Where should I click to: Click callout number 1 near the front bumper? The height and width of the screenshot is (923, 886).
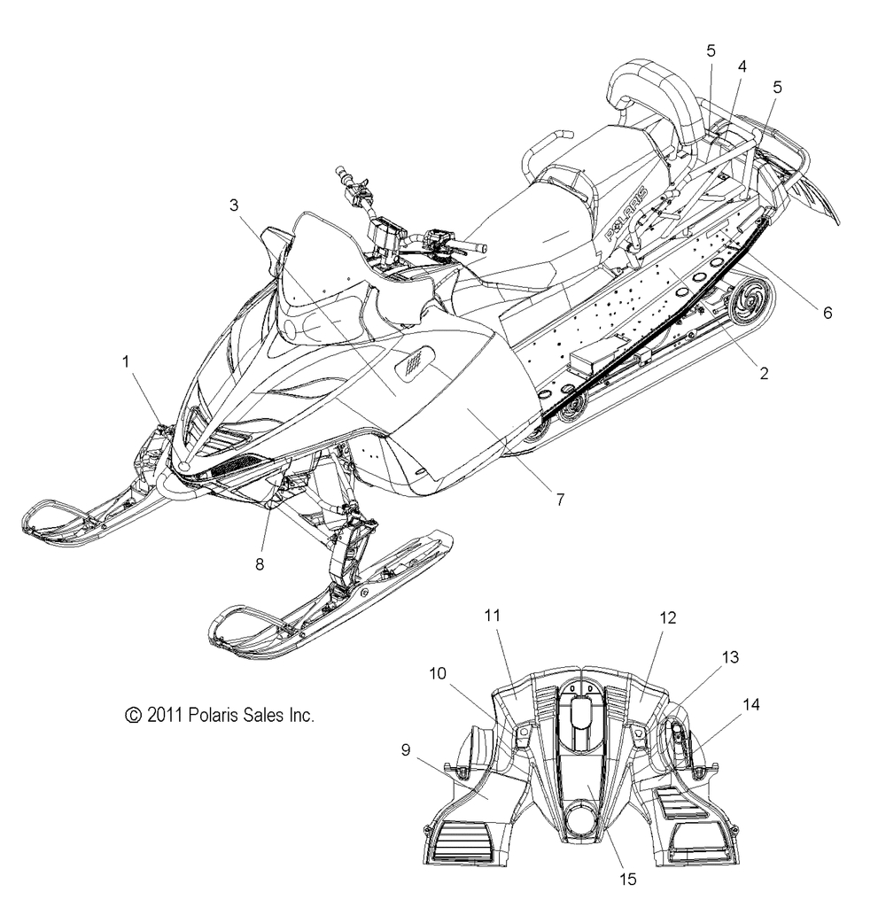126,361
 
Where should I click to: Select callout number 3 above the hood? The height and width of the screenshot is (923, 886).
234,205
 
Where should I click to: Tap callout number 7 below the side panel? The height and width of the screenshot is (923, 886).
561,500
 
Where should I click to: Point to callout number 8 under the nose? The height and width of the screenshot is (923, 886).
260,564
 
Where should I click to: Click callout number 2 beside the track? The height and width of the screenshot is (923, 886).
764,373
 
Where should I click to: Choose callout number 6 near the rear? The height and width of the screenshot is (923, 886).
828,313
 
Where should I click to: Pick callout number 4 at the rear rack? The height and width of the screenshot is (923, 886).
742,66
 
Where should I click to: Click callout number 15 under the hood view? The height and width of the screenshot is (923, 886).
628,880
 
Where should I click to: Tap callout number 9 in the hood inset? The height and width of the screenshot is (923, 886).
406,750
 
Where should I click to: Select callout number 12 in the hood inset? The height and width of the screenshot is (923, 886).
667,617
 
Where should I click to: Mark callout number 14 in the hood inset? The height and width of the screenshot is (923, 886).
751,704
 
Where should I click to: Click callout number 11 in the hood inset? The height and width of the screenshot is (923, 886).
492,615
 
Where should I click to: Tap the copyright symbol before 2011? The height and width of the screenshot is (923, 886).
134,715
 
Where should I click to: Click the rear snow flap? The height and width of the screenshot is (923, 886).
815,198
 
